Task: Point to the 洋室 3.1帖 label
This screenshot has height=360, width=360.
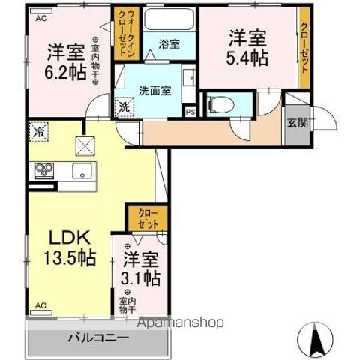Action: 141,268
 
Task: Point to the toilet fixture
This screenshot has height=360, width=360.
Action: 217,106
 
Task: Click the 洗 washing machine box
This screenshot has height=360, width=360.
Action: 123,107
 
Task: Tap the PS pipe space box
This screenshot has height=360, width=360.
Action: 190,110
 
